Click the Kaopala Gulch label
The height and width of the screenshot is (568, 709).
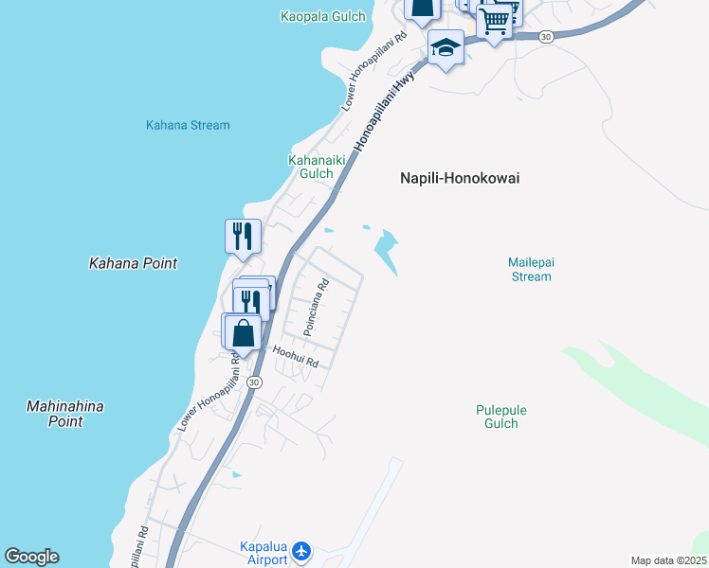click(323, 16)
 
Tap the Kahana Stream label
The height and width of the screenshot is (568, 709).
click(188, 125)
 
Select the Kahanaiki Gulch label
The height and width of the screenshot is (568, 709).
click(311, 167)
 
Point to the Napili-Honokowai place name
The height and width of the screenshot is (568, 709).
click(460, 178)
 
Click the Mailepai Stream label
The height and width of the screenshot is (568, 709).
click(529, 269)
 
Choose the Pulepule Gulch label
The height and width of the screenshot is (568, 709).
click(500, 417)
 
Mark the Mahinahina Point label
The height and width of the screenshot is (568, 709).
click(65, 414)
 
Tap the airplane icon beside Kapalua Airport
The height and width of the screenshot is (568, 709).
click(301, 550)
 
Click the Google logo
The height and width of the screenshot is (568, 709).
click(31, 557)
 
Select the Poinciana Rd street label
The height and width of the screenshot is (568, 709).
click(316, 307)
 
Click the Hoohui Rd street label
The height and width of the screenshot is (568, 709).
click(296, 357)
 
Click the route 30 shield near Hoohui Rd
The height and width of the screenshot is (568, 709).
click(253, 382)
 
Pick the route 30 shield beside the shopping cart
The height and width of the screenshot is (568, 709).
click(545, 36)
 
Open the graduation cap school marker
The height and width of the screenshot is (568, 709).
click(445, 45)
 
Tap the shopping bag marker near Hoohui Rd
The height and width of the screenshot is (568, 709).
click(244, 332)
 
